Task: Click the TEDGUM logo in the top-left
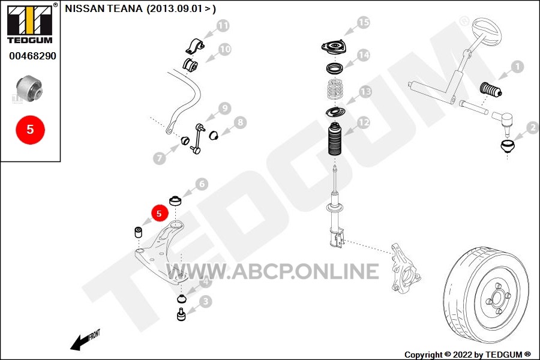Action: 31,23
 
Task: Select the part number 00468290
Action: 32,56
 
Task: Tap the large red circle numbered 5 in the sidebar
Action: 31,130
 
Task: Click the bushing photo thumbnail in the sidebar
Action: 29,88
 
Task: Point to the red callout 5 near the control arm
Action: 159,213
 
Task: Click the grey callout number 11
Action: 223,26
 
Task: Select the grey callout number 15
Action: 364,23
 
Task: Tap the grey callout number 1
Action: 517,67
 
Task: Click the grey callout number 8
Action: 240,122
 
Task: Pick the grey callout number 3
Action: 206,302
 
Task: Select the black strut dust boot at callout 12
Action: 335,139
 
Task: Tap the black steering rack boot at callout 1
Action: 490,89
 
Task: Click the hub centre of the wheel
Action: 497,298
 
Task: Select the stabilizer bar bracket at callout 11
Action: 194,46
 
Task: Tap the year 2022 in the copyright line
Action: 463,355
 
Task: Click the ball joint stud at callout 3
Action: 181,314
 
